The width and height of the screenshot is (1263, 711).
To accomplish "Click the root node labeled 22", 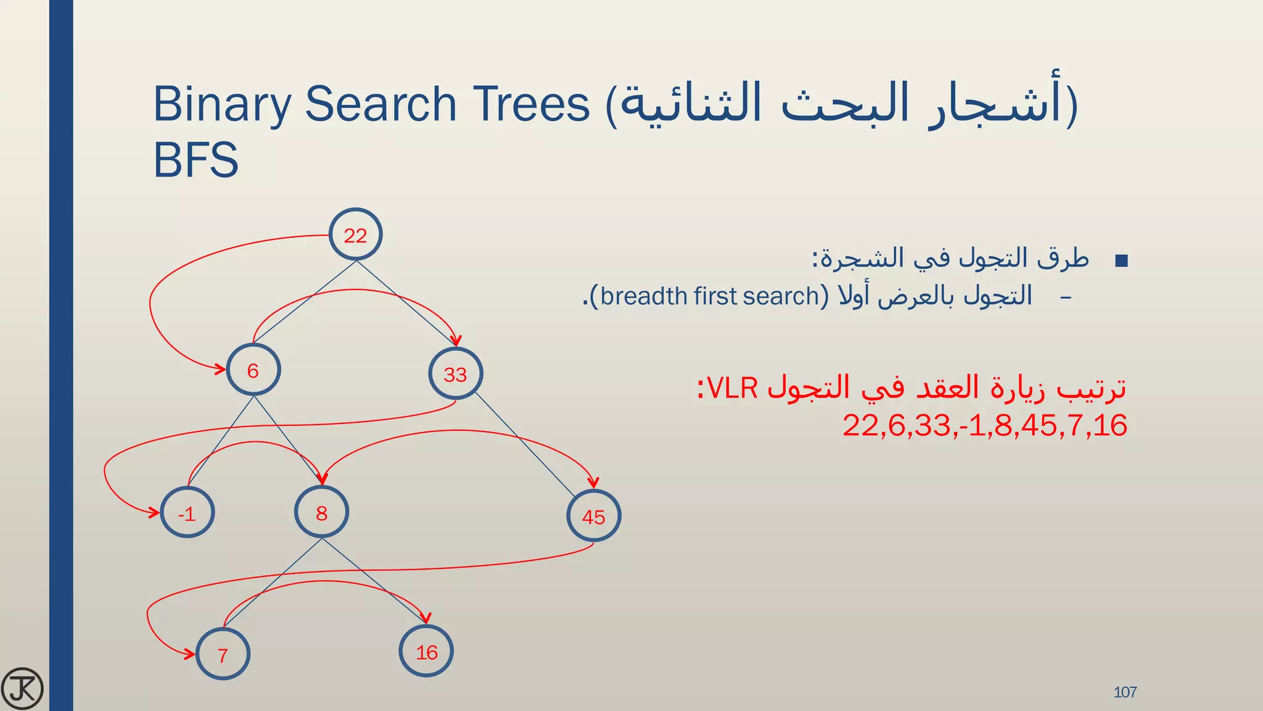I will click(355, 235).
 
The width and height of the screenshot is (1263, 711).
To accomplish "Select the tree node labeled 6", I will click(253, 370).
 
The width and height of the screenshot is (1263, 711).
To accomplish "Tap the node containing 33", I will click(456, 373).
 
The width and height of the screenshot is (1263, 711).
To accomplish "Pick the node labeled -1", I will click(187, 513).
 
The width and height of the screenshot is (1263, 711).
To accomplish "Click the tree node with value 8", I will click(321, 512).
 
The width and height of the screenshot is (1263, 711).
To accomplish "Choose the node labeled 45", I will click(593, 516).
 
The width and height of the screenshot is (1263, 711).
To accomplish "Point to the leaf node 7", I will click(223, 654).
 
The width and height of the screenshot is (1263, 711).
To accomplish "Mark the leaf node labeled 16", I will click(426, 651).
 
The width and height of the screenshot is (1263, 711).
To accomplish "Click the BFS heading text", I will click(195, 159).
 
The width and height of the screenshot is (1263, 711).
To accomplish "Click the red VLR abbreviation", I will click(732, 388).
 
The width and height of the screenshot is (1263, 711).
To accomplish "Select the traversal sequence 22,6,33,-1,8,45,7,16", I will click(985, 425).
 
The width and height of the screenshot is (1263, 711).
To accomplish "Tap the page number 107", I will click(1125, 692).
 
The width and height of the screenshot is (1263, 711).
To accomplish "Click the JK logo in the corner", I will click(22, 688).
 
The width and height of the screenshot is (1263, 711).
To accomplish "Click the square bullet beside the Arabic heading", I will click(1122, 260).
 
